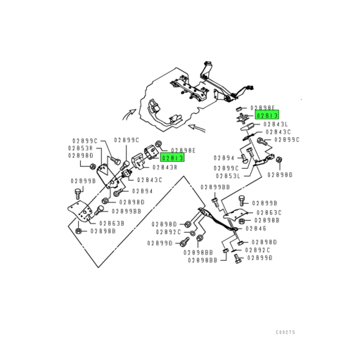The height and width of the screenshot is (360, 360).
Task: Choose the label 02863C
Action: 269,212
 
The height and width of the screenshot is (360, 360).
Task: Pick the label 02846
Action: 255,229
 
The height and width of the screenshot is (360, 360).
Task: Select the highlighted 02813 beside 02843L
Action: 267,115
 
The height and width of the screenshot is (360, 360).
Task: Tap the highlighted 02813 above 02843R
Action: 172,158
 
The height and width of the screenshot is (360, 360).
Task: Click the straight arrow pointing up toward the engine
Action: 200,128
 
